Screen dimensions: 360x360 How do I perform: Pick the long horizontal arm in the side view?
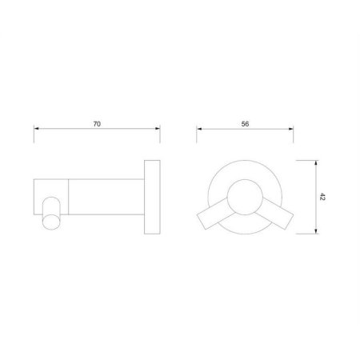108,196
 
